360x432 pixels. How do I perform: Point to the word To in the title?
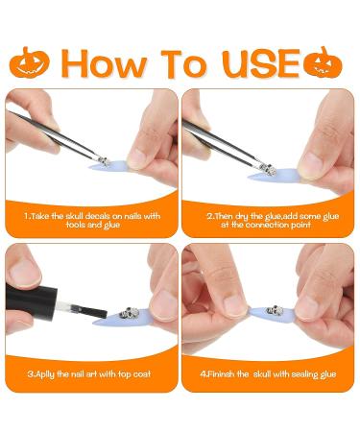[183, 62]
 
